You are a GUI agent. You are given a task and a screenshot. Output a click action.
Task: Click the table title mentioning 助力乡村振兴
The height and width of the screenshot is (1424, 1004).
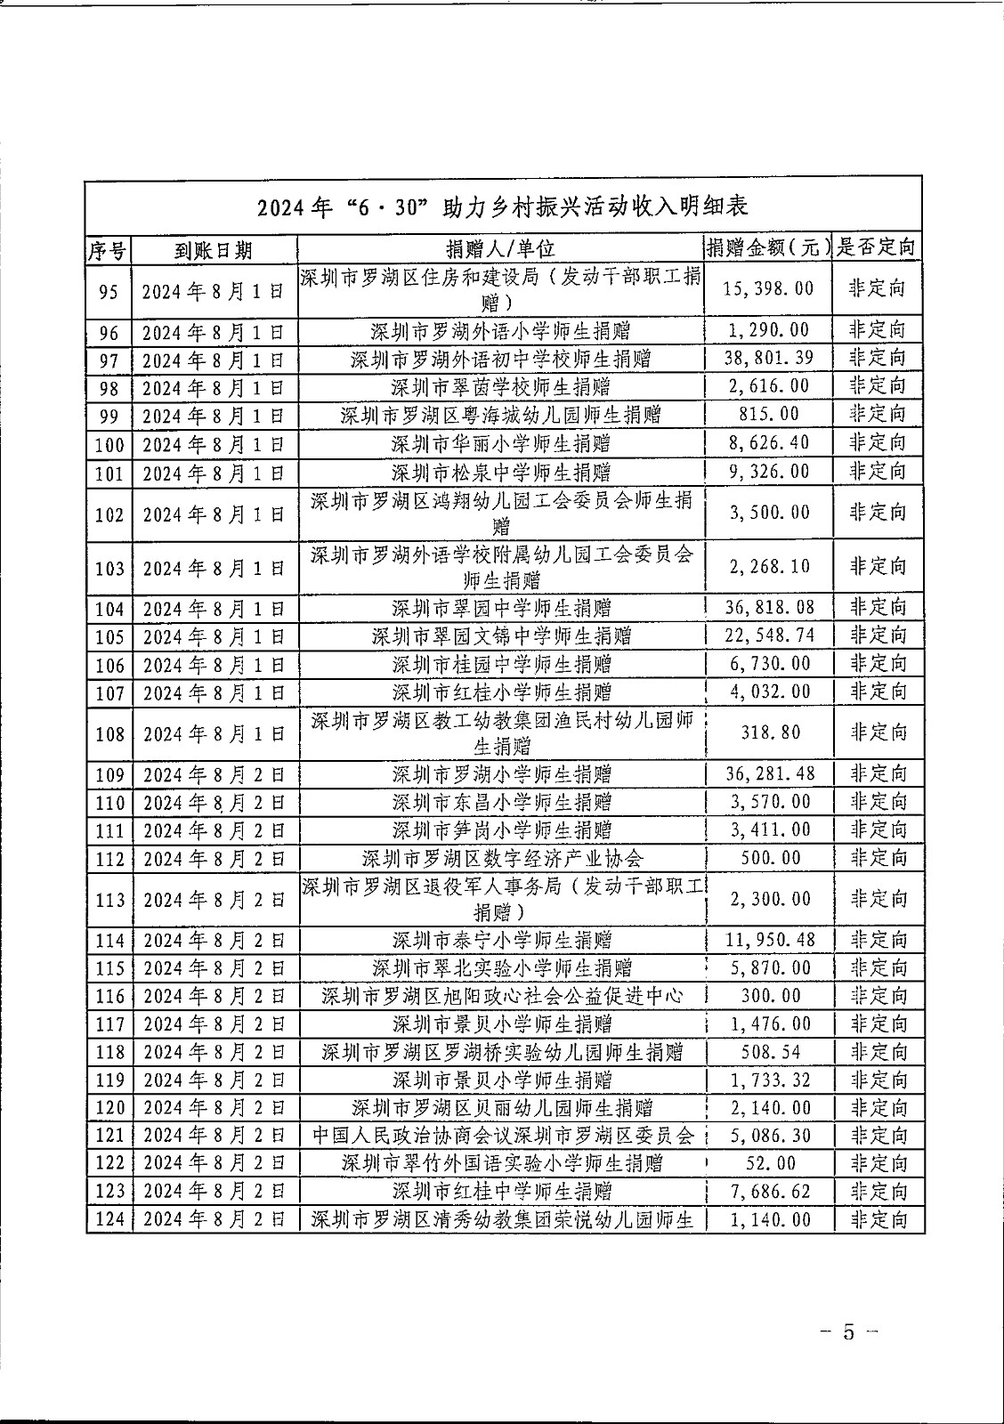(x=503, y=207)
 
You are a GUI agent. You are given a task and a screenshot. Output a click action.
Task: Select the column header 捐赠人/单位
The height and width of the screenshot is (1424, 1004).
(x=500, y=248)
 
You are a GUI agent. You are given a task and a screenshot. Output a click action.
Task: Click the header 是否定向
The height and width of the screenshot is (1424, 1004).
(x=877, y=247)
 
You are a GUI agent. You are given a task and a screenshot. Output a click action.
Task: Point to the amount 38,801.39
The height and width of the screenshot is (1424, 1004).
(x=769, y=358)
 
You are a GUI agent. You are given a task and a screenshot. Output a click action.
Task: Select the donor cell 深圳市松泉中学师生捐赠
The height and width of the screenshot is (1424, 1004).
(x=501, y=472)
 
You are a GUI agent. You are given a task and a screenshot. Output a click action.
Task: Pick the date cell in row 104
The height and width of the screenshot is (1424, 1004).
(x=214, y=610)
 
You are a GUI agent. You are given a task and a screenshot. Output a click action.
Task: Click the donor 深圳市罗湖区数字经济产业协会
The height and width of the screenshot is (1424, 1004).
(x=501, y=859)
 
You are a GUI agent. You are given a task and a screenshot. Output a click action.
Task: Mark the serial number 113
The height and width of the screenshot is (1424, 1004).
(x=109, y=900)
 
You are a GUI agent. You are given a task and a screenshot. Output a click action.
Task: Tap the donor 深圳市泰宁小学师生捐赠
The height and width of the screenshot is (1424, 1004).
(x=501, y=940)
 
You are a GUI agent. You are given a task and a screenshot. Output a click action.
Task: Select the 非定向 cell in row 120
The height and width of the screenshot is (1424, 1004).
(x=878, y=1107)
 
